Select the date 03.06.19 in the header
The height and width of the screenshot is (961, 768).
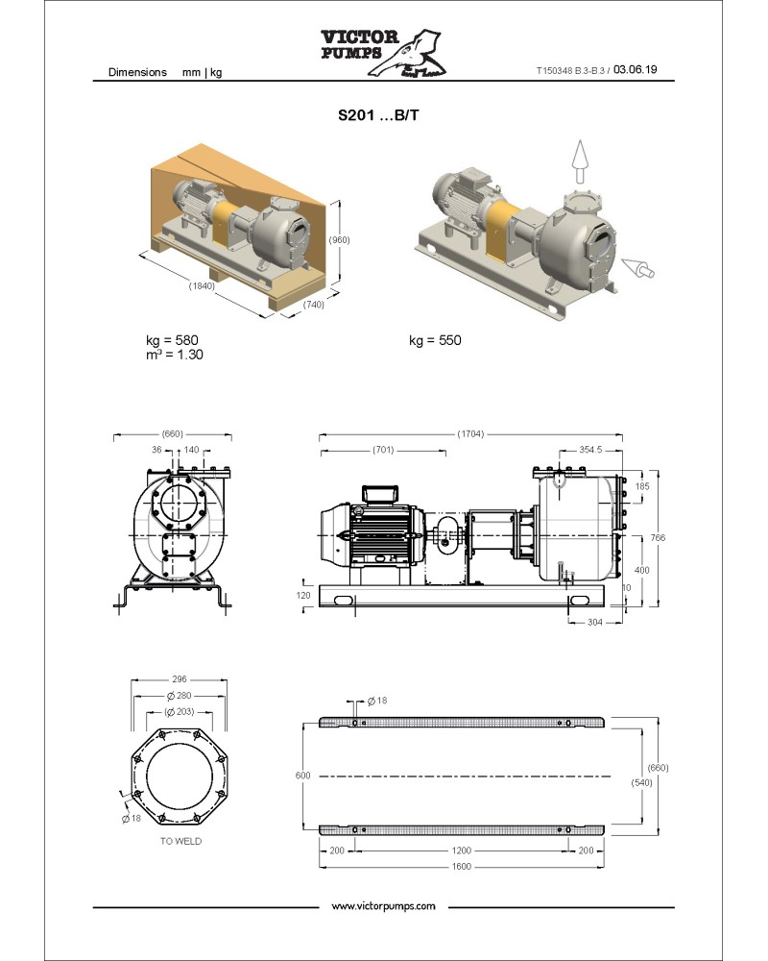635,70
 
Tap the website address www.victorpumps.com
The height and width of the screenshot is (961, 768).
383,906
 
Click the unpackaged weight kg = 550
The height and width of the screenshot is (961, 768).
435,340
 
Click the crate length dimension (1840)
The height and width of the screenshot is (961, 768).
202,285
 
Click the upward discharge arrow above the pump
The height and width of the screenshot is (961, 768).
578,160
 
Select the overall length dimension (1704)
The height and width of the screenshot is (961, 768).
470,433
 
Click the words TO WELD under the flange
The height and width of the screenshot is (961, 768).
180,841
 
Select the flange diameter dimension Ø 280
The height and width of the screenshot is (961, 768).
180,696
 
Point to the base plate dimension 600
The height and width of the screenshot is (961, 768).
303,774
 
